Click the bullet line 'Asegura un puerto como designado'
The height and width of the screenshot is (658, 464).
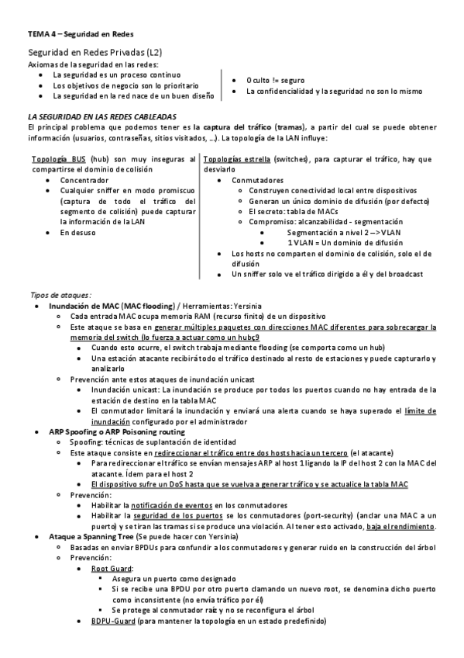coord(172,579)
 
